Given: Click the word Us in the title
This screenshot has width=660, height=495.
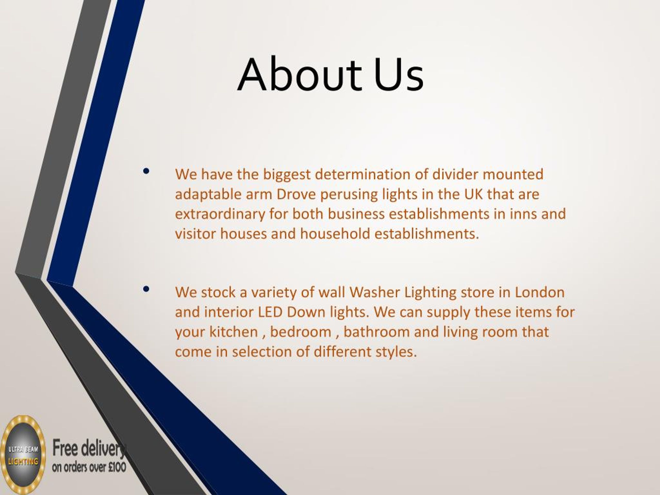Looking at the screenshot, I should (x=398, y=75).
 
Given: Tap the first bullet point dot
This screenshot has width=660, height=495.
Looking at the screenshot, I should (x=146, y=171).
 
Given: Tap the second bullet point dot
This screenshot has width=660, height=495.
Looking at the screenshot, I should (x=146, y=289).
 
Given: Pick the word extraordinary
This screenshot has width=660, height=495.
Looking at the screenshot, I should (x=220, y=214).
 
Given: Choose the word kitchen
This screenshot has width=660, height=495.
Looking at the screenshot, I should (x=233, y=332).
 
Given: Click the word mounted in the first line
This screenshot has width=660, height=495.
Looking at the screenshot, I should (x=513, y=175).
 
